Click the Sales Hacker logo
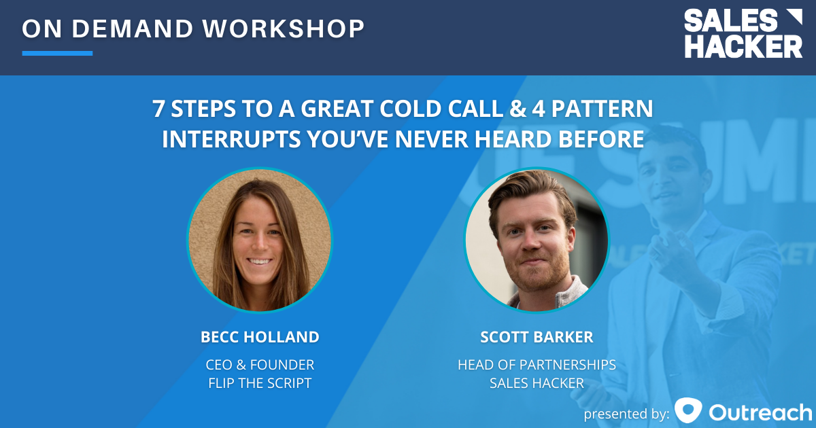tap(743, 34)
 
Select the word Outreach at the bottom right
tap(760, 412)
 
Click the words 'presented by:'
tap(626, 413)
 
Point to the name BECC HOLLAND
tap(260, 337)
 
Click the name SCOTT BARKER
tap(537, 337)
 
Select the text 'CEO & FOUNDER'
tap(260, 365)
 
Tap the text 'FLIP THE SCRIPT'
tap(260, 383)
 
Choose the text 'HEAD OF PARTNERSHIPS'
tap(537, 365)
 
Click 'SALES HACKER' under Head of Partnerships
tap(537, 383)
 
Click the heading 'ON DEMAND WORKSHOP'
tap(193, 29)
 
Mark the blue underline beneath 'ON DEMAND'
tap(57, 53)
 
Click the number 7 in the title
tap(158, 109)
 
